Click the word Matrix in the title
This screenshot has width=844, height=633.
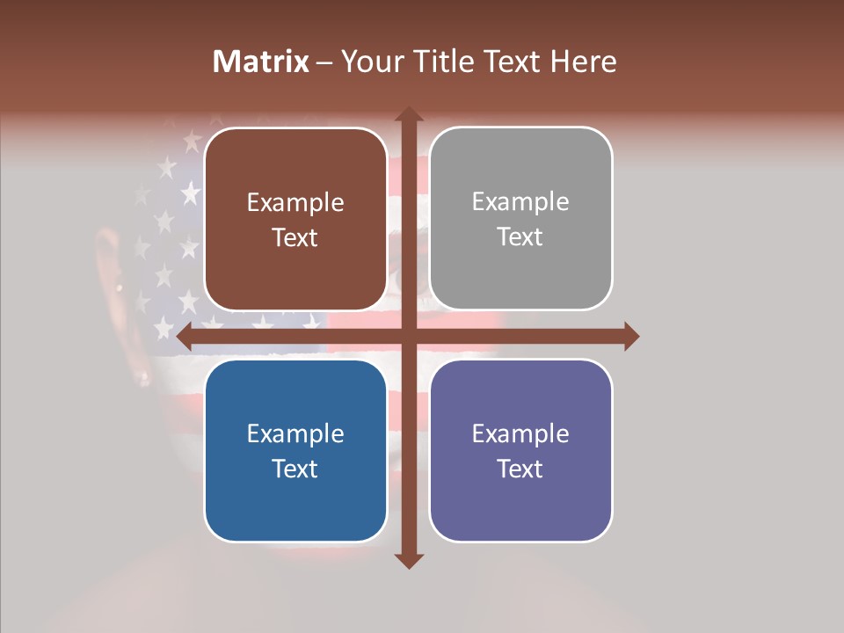[261, 62]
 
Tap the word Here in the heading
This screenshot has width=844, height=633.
[583, 62]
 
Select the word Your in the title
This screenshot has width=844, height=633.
[369, 62]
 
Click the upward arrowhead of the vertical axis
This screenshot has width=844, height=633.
[409, 114]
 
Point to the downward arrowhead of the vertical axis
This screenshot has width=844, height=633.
[409, 561]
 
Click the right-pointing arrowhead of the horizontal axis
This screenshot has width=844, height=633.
[631, 336]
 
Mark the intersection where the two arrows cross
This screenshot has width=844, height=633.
[409, 336]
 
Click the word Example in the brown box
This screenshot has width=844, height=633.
[295, 203]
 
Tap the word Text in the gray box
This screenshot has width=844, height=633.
[520, 237]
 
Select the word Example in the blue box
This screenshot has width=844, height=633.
[295, 434]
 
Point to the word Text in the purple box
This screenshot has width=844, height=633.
[520, 469]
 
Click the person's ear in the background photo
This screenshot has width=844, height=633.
[110, 264]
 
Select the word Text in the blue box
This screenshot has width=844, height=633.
[295, 469]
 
